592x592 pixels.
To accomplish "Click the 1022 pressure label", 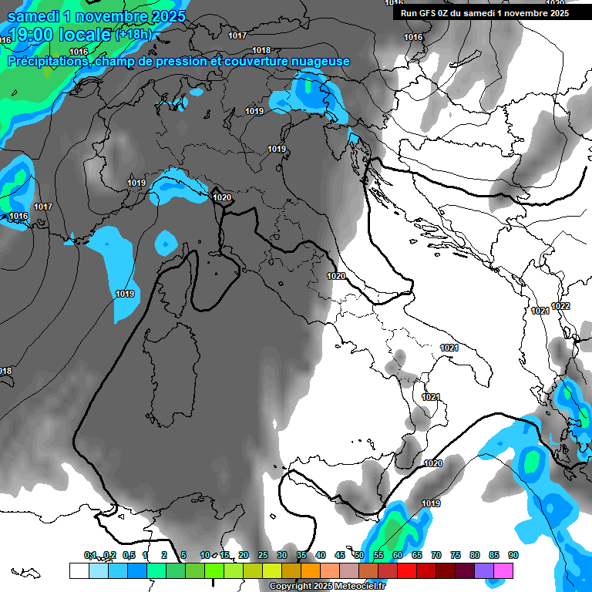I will tap(560, 306).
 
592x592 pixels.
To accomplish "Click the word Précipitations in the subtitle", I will tap(48, 61).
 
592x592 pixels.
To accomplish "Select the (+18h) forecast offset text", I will tap(135, 34).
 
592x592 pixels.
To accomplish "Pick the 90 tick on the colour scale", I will tap(513, 555).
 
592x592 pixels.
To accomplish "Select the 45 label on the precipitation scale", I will tap(340, 555).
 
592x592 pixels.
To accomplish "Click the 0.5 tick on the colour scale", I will tap(128, 555).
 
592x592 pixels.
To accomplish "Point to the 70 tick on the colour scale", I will tap(436, 555).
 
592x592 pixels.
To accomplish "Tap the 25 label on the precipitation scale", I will tap(263, 555).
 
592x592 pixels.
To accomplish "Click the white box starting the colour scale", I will tap(79, 570).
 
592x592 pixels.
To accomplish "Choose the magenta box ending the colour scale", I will tap(503, 570).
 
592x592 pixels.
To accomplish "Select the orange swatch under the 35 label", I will tap(311, 570).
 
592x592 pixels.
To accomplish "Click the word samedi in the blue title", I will tap(38, 15).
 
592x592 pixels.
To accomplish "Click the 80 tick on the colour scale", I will tap(475, 555).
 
